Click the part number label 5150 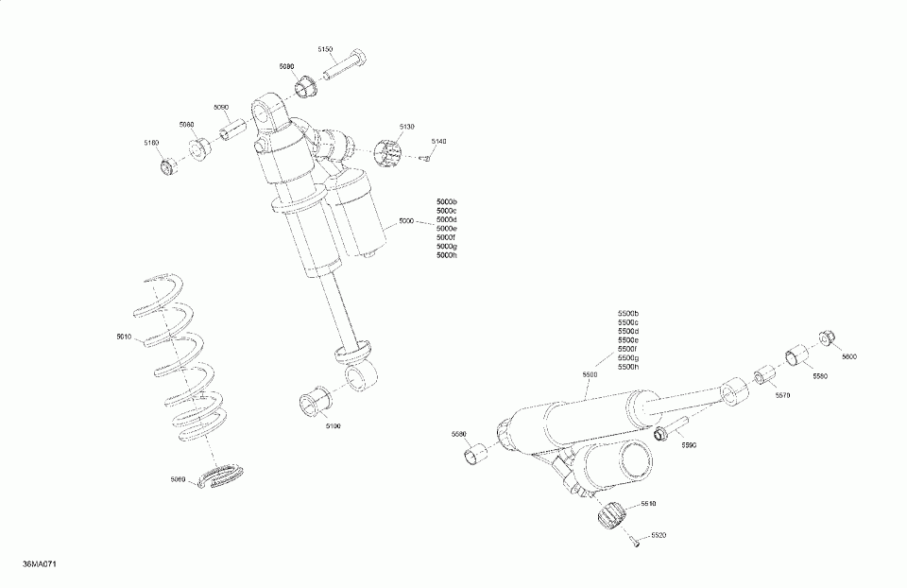coord(326,48)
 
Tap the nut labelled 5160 coord(169,167)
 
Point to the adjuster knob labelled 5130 coord(389,151)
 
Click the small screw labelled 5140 coord(426,158)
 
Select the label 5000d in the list coord(446,220)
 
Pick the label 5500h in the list coord(628,367)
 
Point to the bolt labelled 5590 coord(661,432)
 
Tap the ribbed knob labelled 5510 coord(612,516)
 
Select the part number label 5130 coord(406,126)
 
